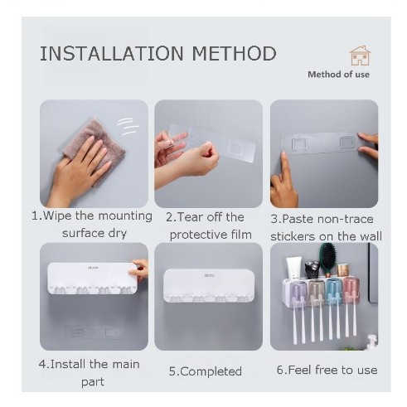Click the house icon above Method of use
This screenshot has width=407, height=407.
(360, 56)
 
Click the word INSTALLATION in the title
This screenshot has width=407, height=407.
(112, 53)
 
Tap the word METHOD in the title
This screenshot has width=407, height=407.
(235, 53)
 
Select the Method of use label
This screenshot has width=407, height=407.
(338, 75)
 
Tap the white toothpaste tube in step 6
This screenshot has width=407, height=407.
(294, 268)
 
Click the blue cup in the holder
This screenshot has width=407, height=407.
(334, 291)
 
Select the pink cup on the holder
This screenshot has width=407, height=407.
(351, 289)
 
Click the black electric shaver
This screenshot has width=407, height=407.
(312, 269)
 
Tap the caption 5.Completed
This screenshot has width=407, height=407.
(206, 371)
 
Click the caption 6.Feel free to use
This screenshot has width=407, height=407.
(327, 370)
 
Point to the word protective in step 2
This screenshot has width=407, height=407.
(196, 235)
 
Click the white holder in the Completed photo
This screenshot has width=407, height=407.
(209, 285)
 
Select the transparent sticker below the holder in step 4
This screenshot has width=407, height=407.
(94, 332)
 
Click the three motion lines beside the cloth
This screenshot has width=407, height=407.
(128, 126)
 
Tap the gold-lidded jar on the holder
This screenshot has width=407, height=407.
(343, 270)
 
